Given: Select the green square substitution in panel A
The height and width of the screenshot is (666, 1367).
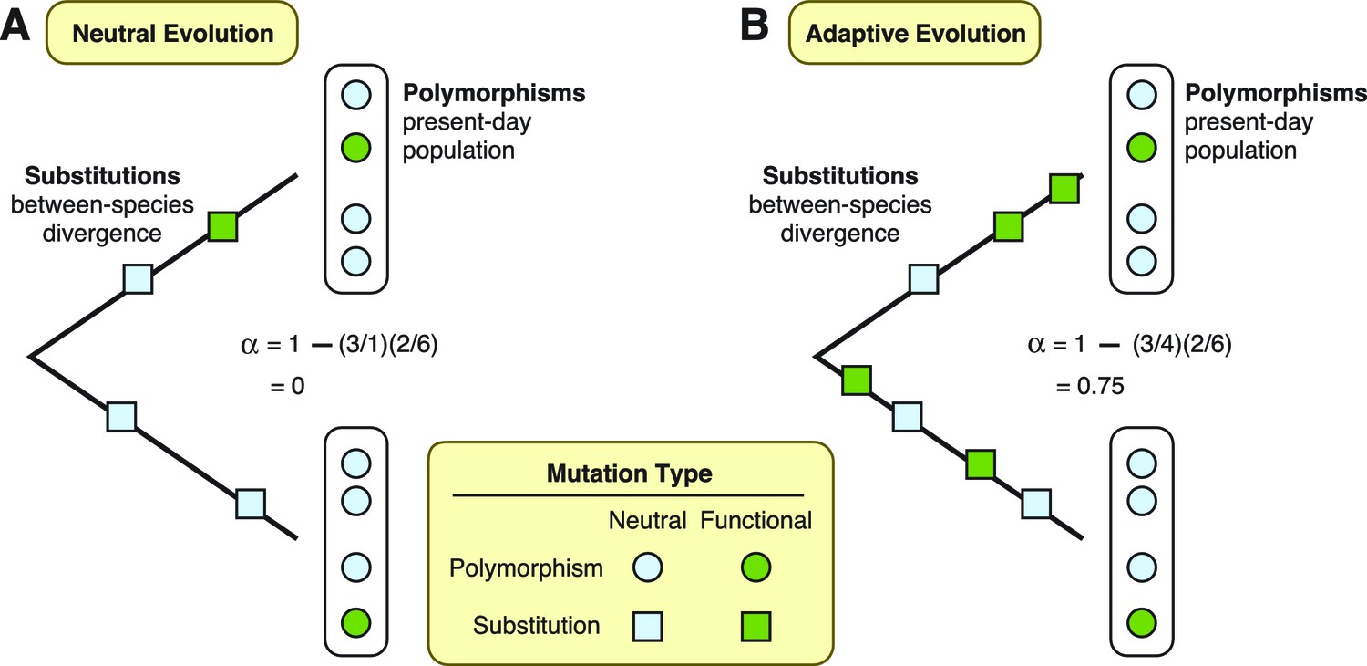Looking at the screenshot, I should click(222, 226).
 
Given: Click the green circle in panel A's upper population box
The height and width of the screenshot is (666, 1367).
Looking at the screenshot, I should click(355, 146).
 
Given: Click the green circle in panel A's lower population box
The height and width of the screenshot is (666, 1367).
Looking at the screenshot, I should click(355, 624).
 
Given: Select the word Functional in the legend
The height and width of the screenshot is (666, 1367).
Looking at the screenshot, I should click(755, 521).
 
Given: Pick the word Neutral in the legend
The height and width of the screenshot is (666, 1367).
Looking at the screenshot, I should click(647, 521).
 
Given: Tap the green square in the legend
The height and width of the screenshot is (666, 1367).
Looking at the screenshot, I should click(756, 626).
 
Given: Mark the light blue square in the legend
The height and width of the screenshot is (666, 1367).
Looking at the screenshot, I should click(647, 626).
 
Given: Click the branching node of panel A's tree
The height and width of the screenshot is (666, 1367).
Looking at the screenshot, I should click(31, 355).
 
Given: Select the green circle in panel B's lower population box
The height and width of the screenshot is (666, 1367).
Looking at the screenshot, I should click(1141, 624).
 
